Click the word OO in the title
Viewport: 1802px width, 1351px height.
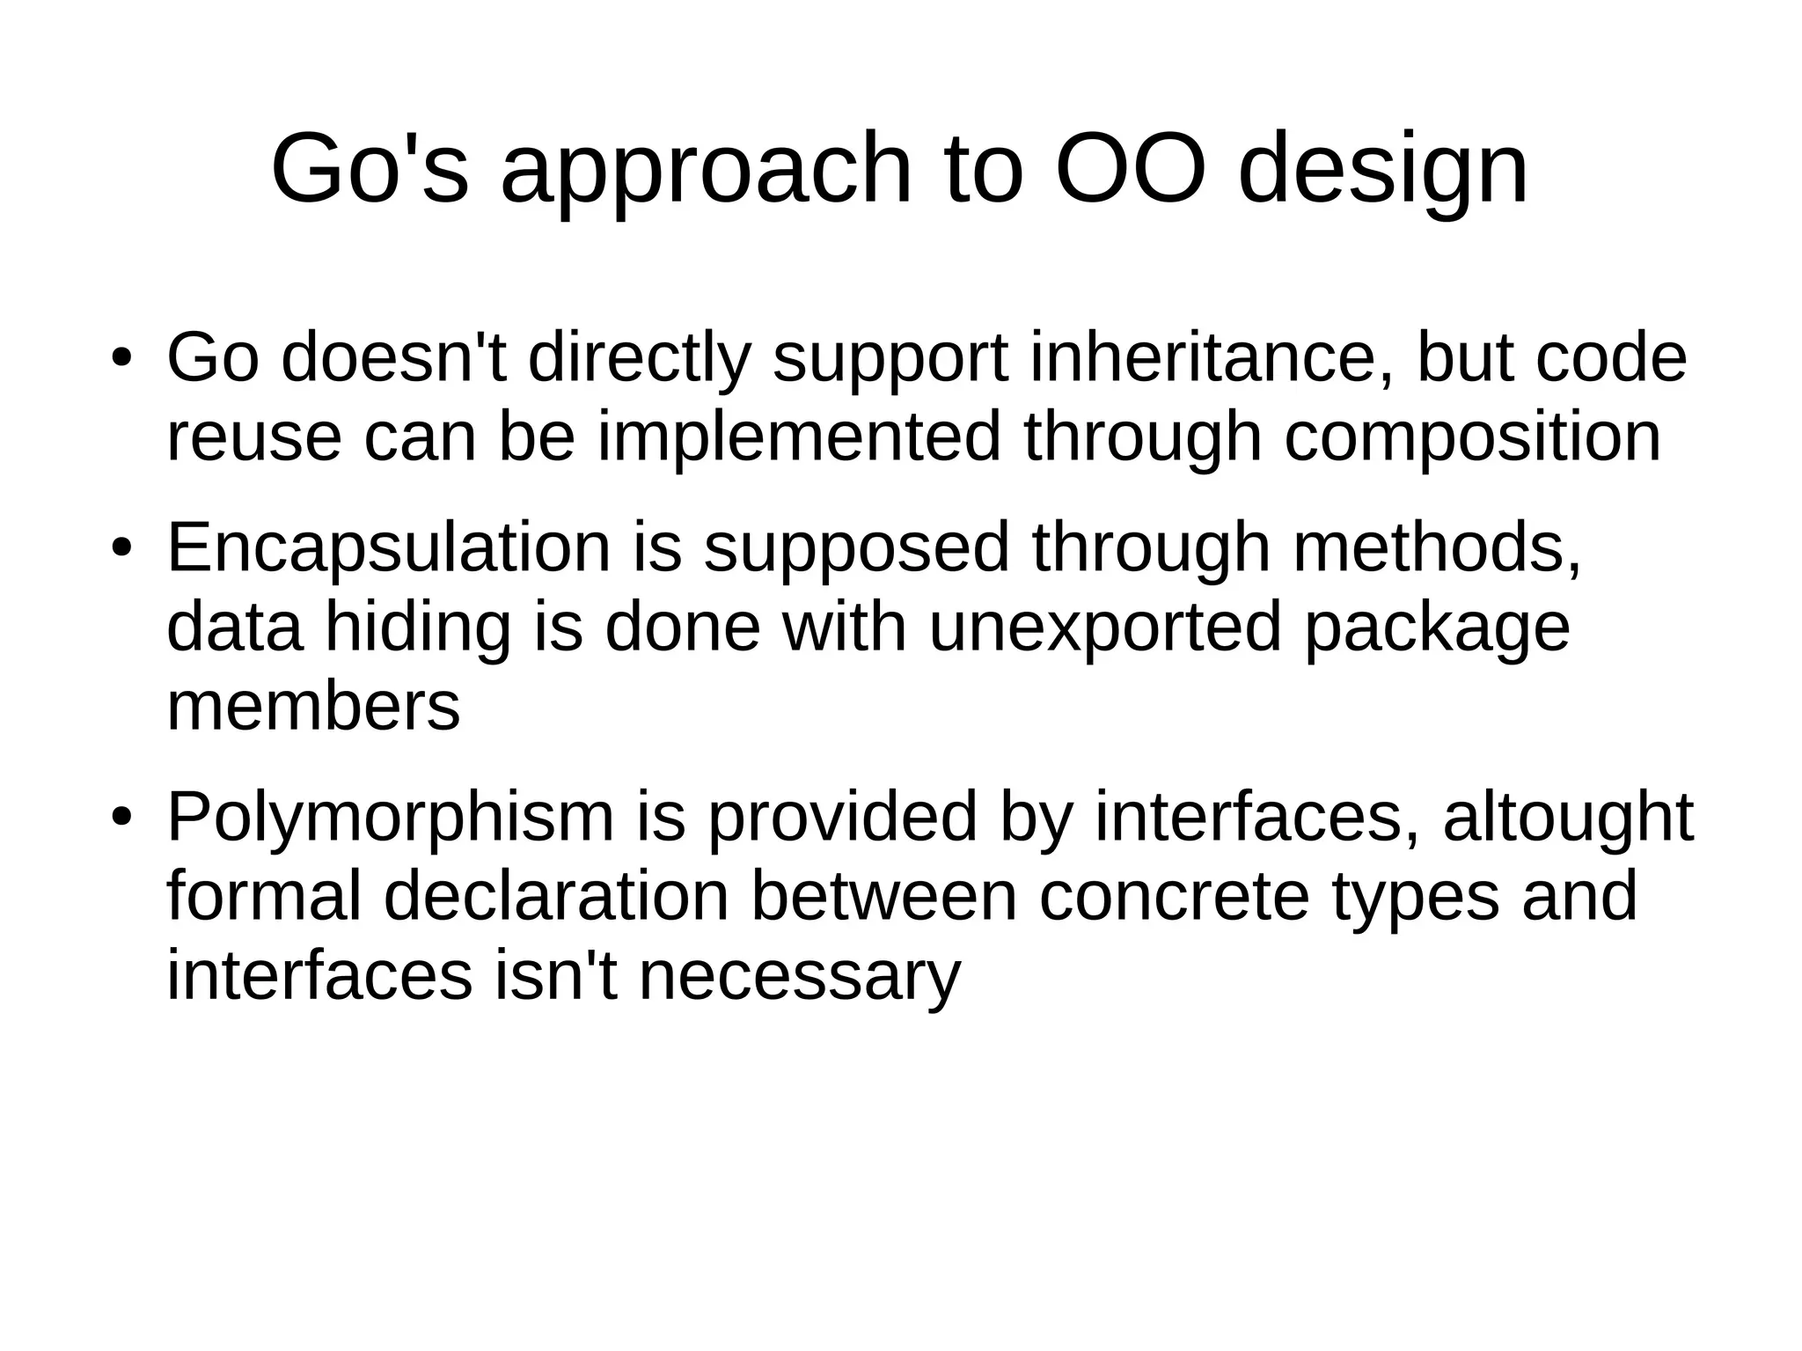(x=1129, y=168)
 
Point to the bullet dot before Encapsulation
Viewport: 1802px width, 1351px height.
(x=121, y=548)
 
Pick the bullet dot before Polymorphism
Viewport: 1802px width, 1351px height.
(x=121, y=818)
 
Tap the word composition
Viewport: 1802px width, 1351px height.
(x=1473, y=439)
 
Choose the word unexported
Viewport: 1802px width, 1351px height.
(x=1105, y=628)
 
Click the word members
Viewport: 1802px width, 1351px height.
(x=313, y=706)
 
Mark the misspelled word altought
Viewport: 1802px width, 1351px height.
(x=1568, y=819)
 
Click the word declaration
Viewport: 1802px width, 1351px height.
(x=556, y=896)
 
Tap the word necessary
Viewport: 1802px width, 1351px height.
(x=799, y=977)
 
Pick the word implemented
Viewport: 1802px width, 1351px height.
(x=799, y=437)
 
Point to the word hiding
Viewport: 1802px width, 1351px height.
(x=418, y=629)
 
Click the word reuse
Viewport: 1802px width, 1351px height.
(x=253, y=437)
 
